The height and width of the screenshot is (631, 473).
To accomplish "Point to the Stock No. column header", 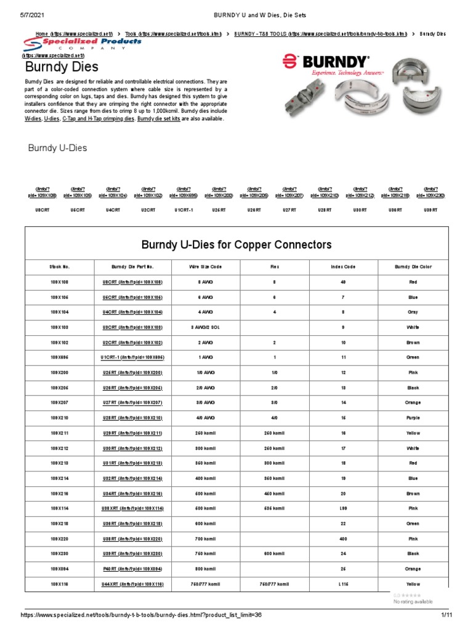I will coord(59,267).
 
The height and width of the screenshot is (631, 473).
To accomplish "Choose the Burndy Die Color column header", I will coord(413,267).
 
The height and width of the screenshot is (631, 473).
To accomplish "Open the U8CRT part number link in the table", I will coord(132,282).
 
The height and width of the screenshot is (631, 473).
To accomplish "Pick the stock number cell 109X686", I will coord(59,357).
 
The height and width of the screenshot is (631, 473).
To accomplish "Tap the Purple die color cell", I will coord(413,417).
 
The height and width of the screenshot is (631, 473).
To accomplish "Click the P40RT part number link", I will coord(132,568).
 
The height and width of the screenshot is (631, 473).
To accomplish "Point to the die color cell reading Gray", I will coord(413,312).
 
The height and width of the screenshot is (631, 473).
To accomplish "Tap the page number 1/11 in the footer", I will coord(447,615).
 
